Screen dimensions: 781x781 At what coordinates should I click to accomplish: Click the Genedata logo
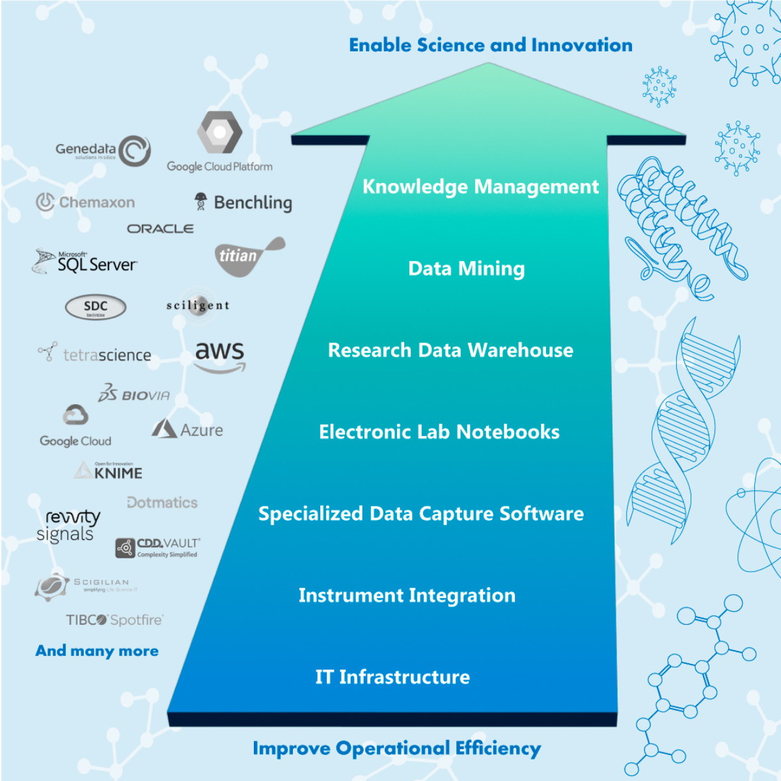103,151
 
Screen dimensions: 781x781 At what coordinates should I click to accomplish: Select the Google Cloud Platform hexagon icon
220,132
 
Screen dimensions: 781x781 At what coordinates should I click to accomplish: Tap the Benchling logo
244,202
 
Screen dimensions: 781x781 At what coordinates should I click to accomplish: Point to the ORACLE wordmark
160,229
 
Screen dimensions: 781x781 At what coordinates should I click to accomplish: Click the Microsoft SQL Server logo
86,262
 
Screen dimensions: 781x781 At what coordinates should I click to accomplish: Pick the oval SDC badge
96,307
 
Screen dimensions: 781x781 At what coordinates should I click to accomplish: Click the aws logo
220,355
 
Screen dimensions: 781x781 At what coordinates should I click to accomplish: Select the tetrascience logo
95,355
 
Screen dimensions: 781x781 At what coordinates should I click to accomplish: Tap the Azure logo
187,430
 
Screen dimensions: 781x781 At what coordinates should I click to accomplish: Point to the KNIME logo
109,471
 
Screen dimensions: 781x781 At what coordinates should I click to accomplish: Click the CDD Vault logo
158,547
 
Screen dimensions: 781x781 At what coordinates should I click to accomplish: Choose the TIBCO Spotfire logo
115,620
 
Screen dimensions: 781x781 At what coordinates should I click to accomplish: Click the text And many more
97,651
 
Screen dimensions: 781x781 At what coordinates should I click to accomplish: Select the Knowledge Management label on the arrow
480,187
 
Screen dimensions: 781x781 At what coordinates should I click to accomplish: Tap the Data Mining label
466,269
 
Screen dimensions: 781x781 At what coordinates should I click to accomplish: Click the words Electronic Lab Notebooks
439,432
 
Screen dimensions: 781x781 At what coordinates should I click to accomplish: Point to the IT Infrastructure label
392,677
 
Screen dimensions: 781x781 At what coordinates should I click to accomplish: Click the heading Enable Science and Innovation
491,45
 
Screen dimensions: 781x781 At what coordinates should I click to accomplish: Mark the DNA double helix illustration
683,423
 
